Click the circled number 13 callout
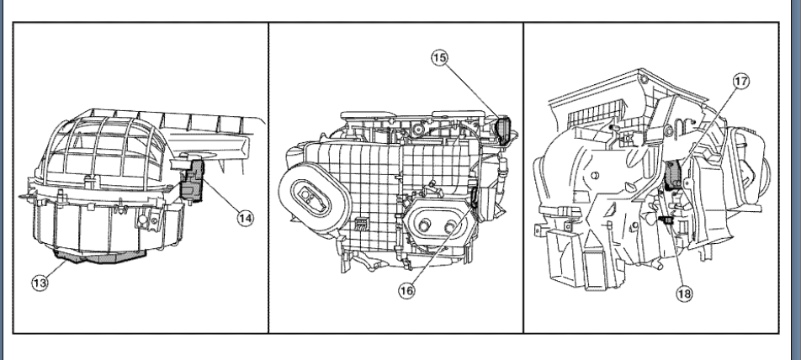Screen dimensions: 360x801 (40, 282)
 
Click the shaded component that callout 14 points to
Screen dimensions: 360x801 (195, 180)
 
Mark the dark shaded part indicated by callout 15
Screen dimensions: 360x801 (505, 130)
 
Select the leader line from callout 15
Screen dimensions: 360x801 (473, 92)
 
